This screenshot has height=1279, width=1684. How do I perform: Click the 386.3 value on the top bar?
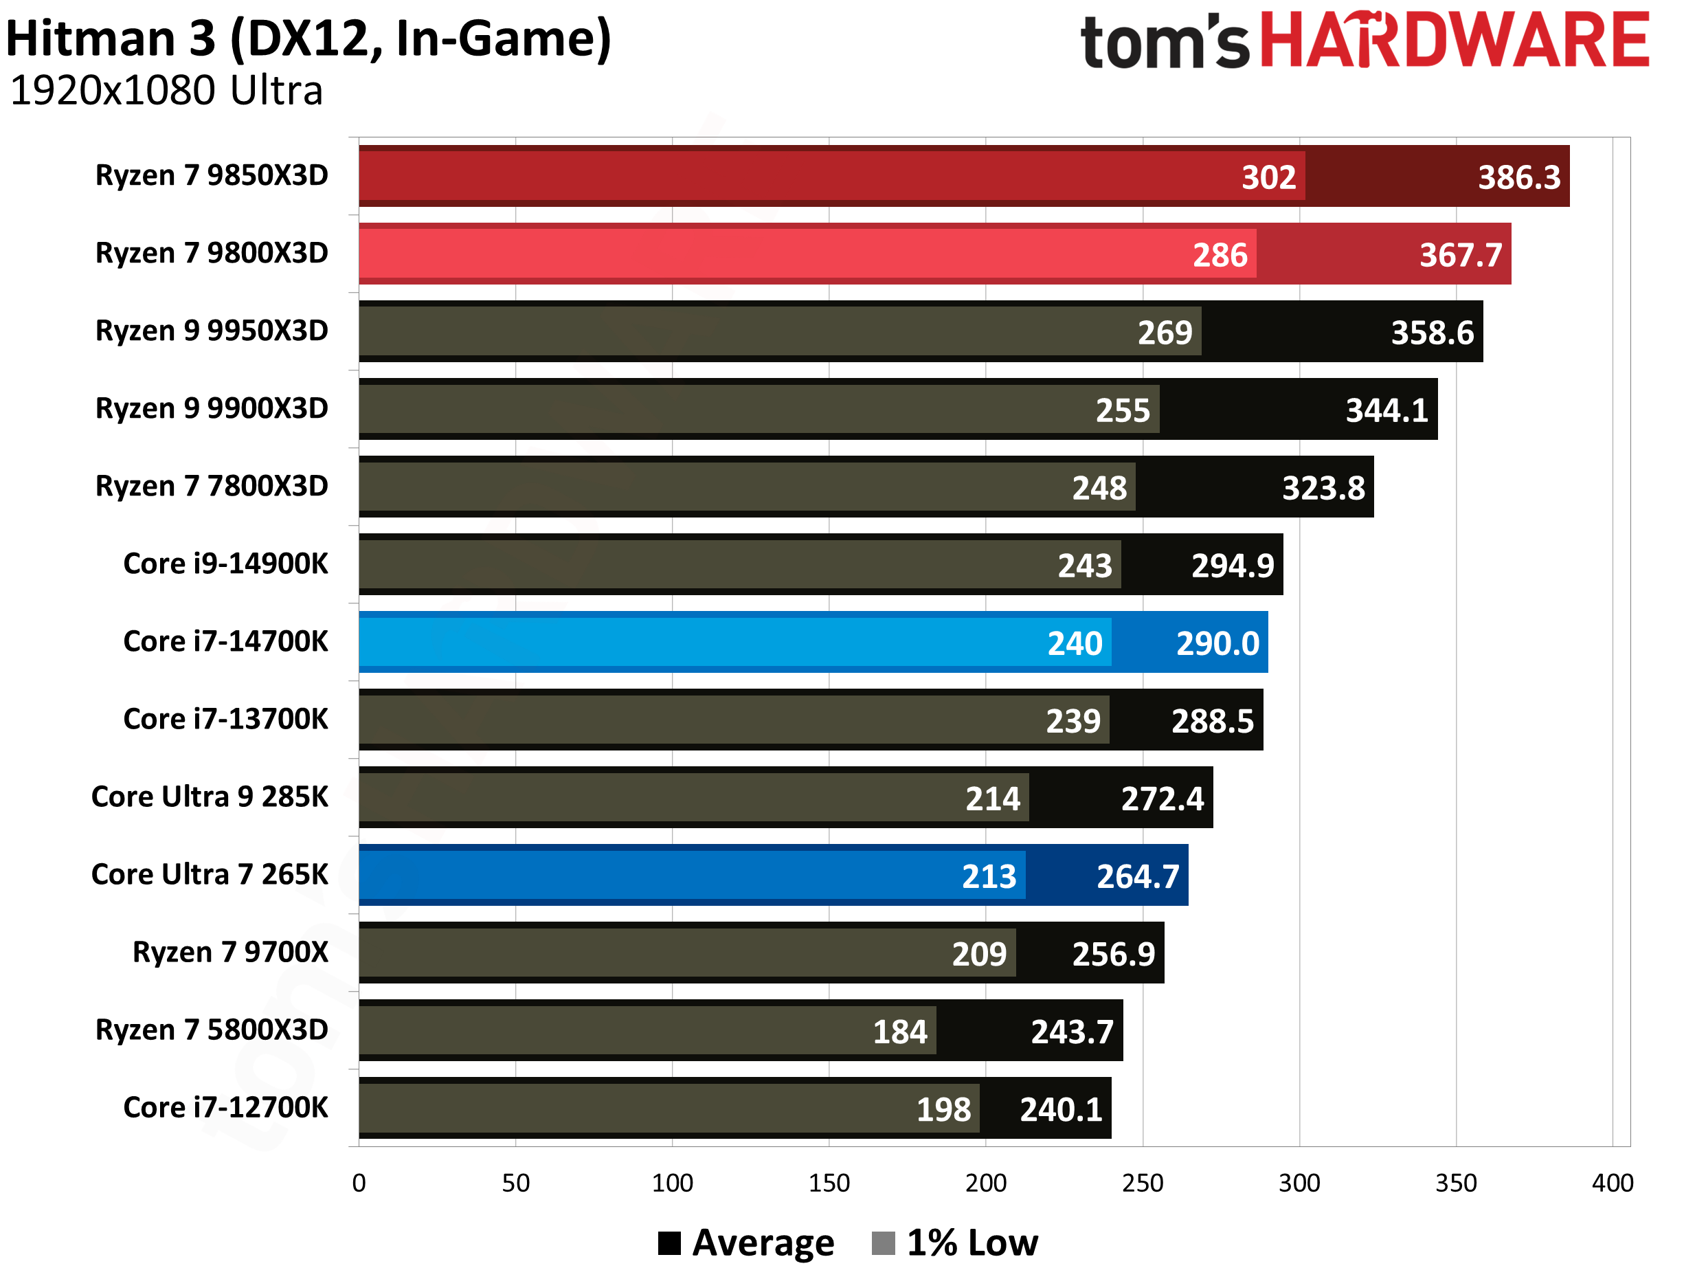(x=1519, y=177)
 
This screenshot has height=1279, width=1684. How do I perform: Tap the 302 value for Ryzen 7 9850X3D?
(x=1268, y=177)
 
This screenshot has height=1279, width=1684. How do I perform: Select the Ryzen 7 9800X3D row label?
(x=211, y=253)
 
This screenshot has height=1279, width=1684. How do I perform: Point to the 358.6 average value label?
(x=1432, y=333)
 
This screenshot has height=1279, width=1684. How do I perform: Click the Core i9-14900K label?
(x=225, y=564)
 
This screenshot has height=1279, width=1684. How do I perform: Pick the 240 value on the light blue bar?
(x=1074, y=643)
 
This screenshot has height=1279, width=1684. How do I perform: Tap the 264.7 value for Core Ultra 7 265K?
(x=1137, y=876)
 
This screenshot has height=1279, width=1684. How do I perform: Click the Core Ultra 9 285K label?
(x=210, y=797)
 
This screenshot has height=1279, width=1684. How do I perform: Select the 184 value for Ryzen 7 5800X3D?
(x=899, y=1032)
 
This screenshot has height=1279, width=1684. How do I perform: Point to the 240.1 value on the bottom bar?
(x=1061, y=1109)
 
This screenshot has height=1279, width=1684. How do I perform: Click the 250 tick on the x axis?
(x=1142, y=1182)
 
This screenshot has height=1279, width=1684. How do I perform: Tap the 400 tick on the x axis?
(x=1612, y=1182)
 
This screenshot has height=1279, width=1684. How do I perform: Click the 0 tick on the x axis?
(x=359, y=1182)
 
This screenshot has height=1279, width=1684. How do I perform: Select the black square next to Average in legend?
(x=669, y=1243)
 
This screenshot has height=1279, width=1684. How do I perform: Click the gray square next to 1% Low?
(x=882, y=1243)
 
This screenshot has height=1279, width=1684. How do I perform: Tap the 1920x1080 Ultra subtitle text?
(x=166, y=91)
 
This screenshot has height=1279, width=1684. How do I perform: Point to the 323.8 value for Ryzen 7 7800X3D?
(x=1323, y=488)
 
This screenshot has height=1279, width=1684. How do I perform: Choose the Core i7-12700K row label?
(x=225, y=1107)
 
